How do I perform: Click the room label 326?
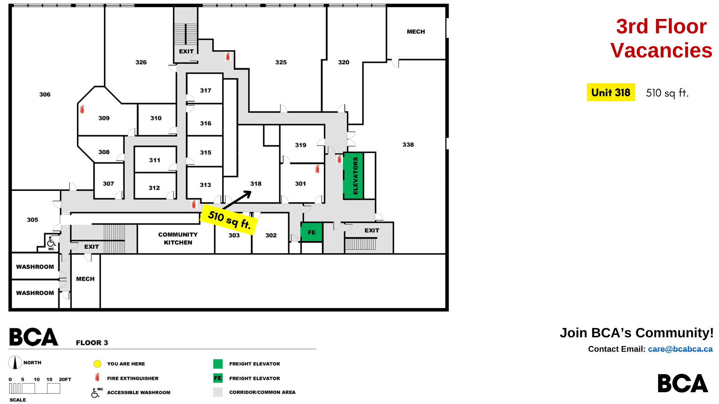click(141, 62)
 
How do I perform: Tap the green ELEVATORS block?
click(353, 176)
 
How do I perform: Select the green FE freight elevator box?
click(311, 232)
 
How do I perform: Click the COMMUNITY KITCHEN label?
click(178, 239)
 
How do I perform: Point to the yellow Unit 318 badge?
click(611, 92)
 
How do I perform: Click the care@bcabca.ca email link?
click(680, 349)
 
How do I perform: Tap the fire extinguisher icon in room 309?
click(82, 109)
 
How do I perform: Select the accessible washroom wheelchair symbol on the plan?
click(51, 242)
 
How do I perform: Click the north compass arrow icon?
click(15, 363)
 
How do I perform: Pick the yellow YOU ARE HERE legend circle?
click(97, 364)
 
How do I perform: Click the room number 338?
click(408, 145)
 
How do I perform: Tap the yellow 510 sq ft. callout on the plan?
click(229, 220)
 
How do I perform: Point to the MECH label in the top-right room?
click(416, 32)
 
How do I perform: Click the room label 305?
click(32, 220)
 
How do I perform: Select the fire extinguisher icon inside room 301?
click(317, 169)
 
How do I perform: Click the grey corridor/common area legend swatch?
click(218, 392)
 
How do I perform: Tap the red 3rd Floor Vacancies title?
click(661, 38)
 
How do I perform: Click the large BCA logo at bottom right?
click(683, 383)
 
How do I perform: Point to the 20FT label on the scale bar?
click(65, 379)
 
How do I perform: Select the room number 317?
click(205, 90)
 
